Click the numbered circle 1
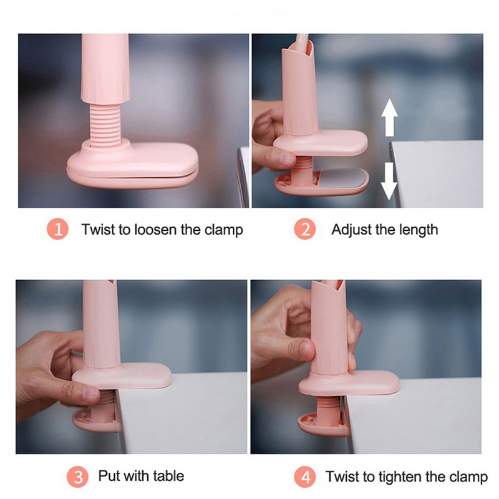(57, 229)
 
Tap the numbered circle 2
(305, 229)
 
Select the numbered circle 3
(77, 477)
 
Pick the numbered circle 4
(305, 477)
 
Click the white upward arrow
(389, 117)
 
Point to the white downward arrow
(389, 181)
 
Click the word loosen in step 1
(155, 230)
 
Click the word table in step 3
(168, 476)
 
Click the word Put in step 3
(109, 476)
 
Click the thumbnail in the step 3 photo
(90, 395)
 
